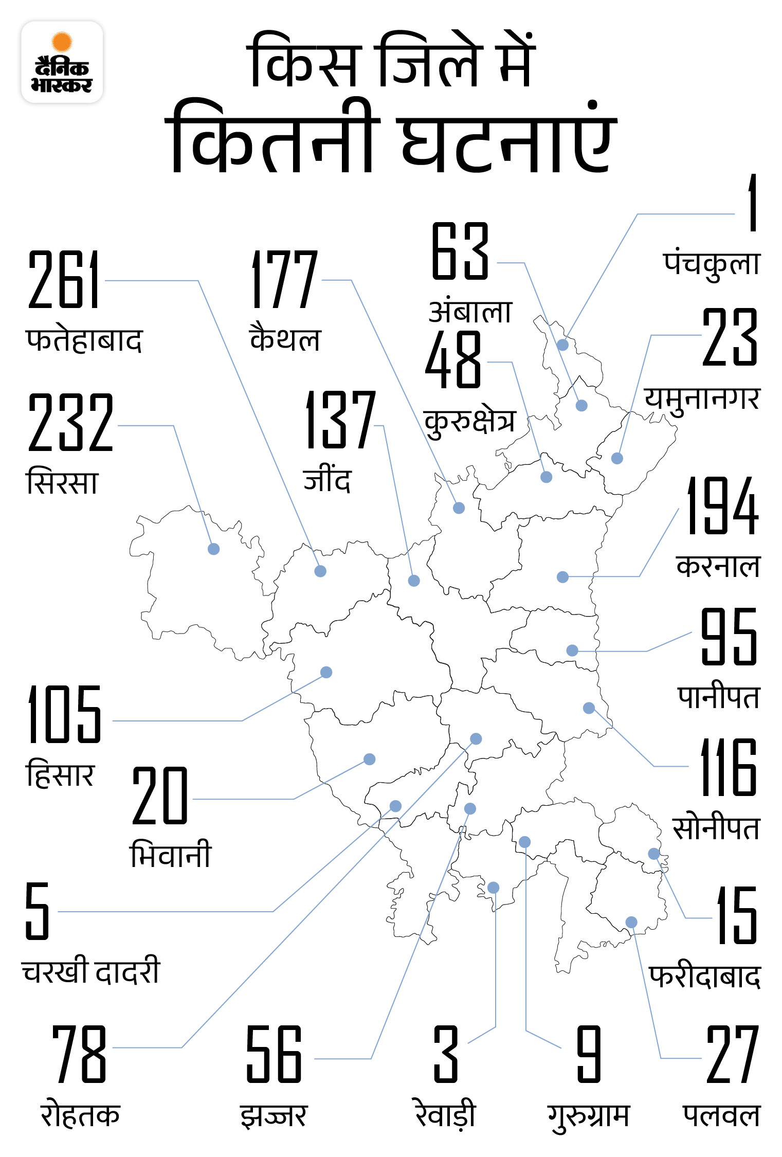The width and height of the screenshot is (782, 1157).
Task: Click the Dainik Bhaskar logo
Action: (x=62, y=62)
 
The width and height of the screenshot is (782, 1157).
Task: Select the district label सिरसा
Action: (x=62, y=482)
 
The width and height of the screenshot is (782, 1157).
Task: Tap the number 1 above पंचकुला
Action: (x=752, y=203)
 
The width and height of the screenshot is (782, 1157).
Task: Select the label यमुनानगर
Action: (x=702, y=399)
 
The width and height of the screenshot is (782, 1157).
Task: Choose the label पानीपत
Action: (x=718, y=697)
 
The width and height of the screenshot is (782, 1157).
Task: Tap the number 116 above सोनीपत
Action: (x=729, y=767)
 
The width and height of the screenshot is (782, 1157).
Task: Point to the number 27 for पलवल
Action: (x=733, y=1054)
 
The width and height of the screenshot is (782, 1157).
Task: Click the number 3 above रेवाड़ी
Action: (x=446, y=1054)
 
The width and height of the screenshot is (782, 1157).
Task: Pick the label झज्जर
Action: (x=274, y=1116)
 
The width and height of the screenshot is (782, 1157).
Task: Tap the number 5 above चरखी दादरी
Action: (x=38, y=911)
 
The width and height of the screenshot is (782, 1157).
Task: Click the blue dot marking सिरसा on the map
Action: (x=213, y=549)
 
